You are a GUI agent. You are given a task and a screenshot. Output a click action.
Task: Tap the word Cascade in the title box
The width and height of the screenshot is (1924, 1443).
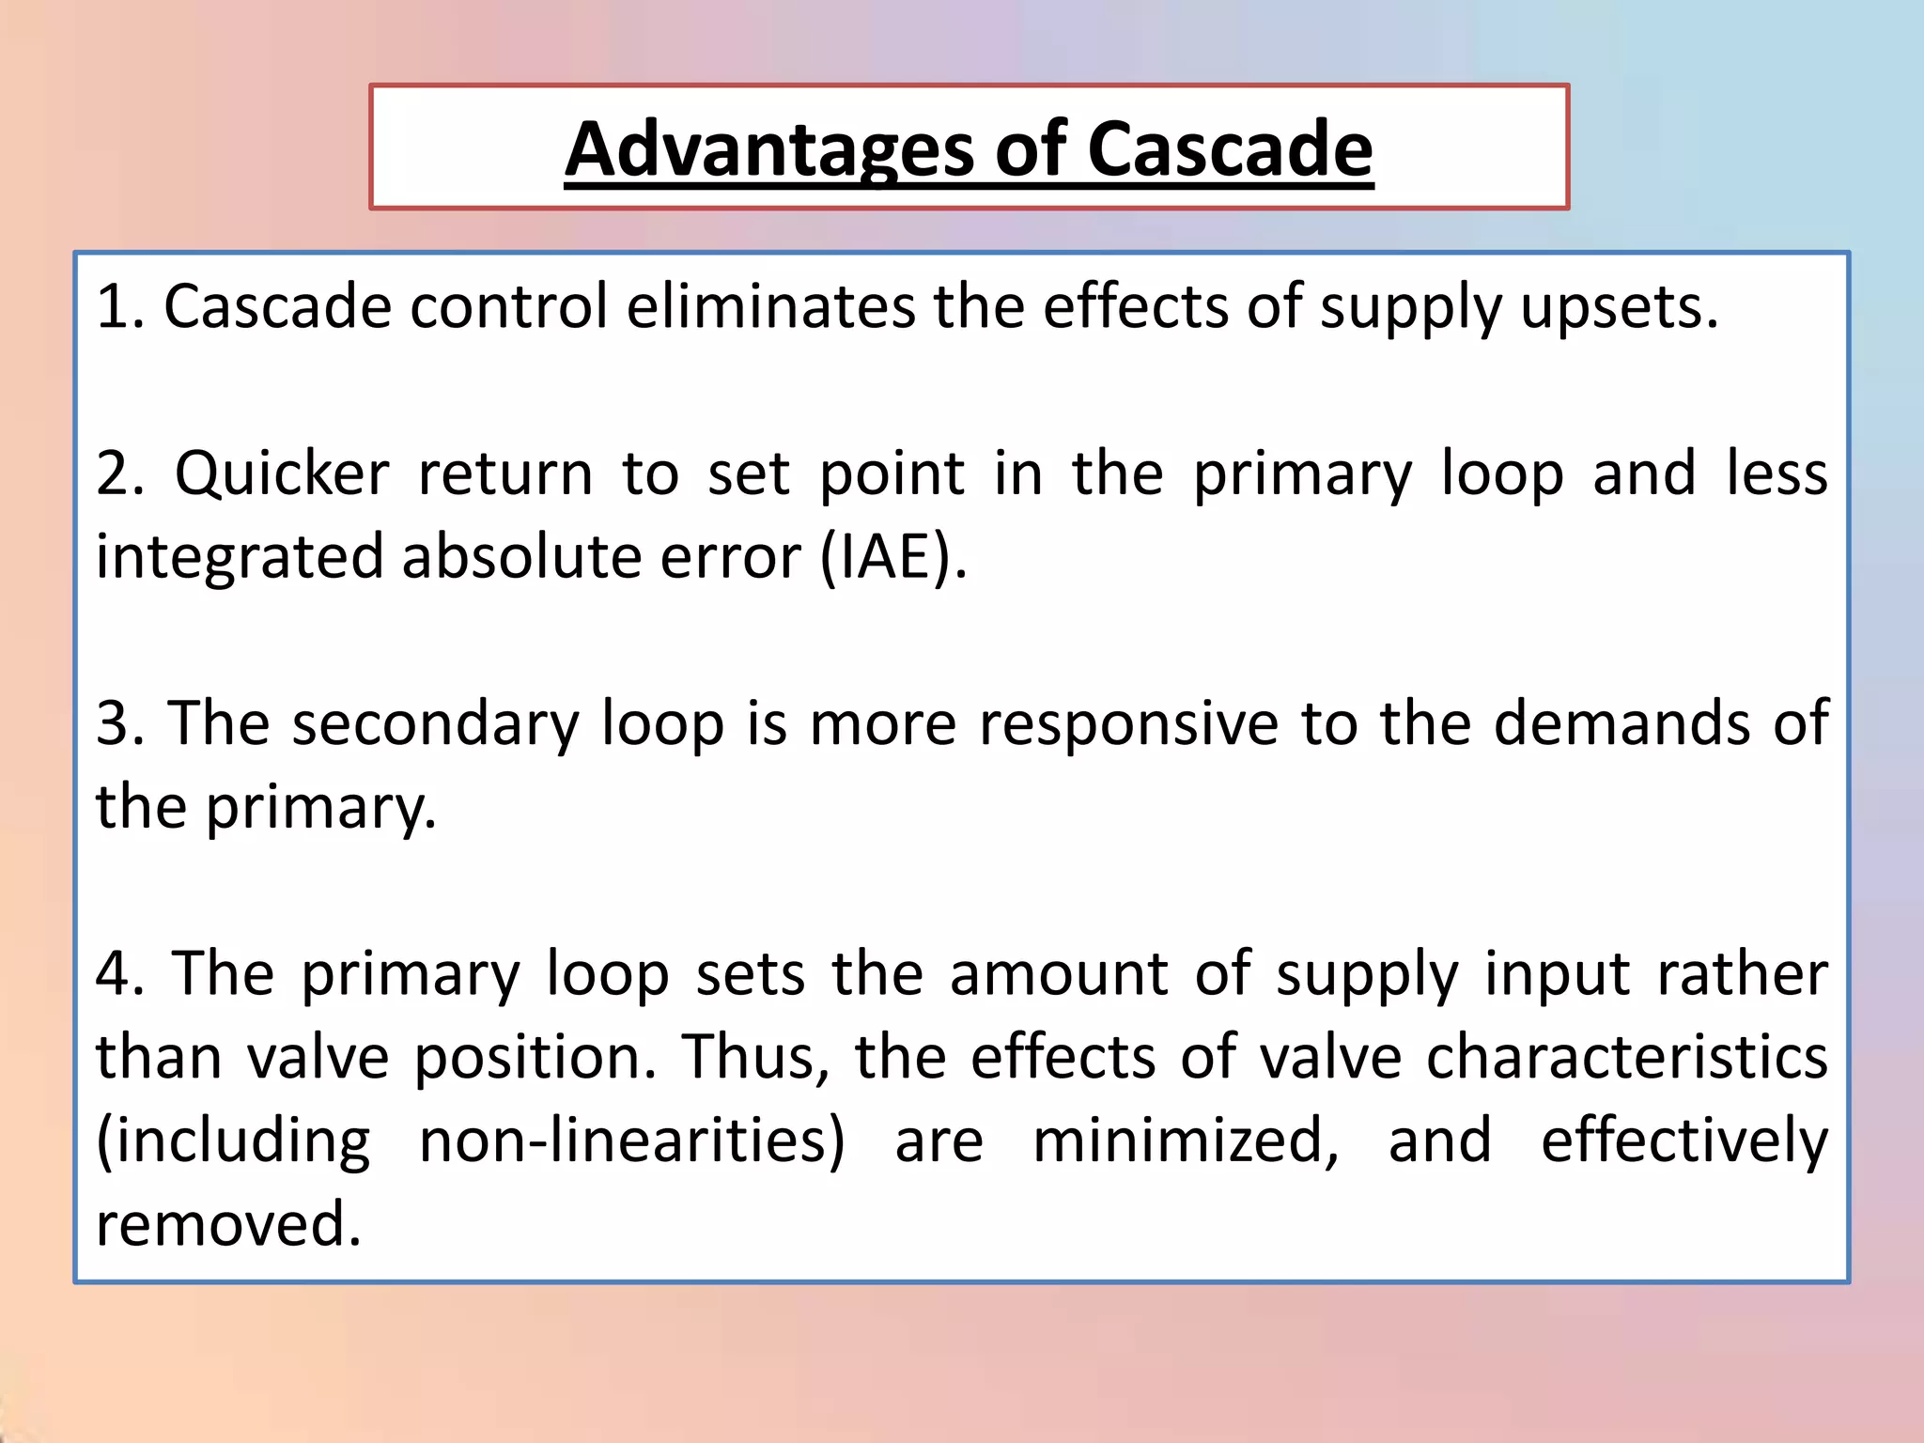pyautogui.click(x=1230, y=150)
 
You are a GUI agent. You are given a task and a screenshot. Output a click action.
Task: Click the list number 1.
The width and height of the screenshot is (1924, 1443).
pyautogui.click(x=118, y=307)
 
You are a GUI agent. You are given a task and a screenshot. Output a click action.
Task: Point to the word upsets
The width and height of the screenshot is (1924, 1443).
pyautogui.click(x=1619, y=307)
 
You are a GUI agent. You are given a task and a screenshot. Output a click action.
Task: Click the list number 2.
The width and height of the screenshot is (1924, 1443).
pyautogui.click(x=120, y=473)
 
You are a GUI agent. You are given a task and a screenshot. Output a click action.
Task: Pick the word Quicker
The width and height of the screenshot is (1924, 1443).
pyautogui.click(x=282, y=473)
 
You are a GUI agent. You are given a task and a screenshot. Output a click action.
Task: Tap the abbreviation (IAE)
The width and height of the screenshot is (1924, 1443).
pyautogui.click(x=892, y=557)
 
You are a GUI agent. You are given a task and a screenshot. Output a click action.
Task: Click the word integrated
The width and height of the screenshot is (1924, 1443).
pyautogui.click(x=240, y=557)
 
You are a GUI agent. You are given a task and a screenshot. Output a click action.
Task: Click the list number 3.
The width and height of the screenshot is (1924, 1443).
pyautogui.click(x=119, y=723)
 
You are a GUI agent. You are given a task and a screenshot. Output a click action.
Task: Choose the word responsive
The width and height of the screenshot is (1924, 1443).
pyautogui.click(x=1128, y=723)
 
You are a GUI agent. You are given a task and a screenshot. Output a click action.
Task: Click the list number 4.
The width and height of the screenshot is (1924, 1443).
pyautogui.click(x=120, y=974)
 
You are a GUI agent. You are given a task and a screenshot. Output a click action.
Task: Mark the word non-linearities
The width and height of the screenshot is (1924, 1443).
pyautogui.click(x=631, y=1141)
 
